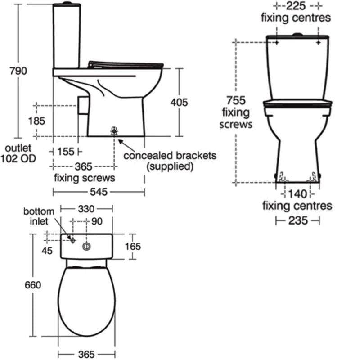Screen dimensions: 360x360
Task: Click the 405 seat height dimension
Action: click(x=179, y=103)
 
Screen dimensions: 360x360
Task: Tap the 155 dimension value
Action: click(x=66, y=152)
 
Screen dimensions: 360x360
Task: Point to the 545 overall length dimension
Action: click(x=99, y=192)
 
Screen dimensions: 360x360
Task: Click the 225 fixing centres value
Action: click(x=296, y=6)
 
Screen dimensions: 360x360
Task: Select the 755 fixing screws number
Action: click(x=236, y=100)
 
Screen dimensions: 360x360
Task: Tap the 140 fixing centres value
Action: click(x=297, y=194)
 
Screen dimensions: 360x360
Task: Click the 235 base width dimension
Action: click(x=297, y=220)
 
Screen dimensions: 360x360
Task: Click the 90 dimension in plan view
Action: click(x=97, y=221)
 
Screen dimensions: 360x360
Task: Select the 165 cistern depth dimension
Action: click(x=133, y=246)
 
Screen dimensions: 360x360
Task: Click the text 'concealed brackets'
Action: click(x=170, y=156)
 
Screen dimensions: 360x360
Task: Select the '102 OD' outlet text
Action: click(x=18, y=158)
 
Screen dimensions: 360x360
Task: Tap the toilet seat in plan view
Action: click(x=86, y=301)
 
